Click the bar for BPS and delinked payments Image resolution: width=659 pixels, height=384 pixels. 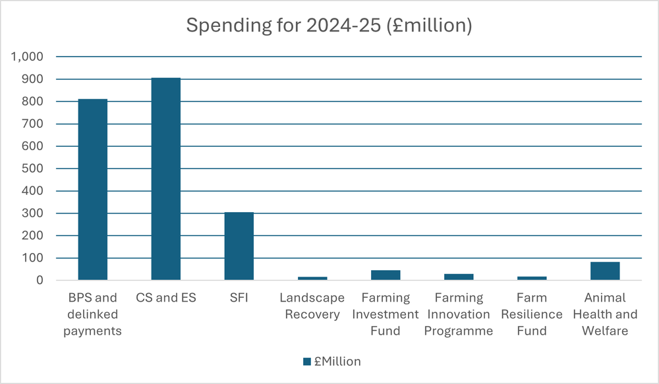point(93,190)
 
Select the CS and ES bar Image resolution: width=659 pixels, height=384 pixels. point(166,179)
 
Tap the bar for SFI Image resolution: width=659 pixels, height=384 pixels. point(239,246)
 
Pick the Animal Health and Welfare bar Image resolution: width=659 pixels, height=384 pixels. point(605,271)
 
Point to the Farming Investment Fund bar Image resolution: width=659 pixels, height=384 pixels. point(386,275)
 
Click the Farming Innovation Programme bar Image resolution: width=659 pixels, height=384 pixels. point(459,277)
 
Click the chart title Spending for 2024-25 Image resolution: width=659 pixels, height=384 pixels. point(329,26)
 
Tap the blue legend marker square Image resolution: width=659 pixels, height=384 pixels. point(306,362)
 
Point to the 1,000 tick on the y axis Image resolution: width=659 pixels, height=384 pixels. point(28,57)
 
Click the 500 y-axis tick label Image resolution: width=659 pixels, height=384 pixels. point(32,169)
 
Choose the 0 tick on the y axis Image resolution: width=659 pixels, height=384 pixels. point(40,281)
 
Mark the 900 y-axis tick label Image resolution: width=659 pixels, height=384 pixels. point(32,79)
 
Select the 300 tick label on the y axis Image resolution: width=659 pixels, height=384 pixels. point(32,213)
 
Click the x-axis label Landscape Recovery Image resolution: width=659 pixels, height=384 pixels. point(312,306)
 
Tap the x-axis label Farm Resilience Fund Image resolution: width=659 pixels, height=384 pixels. point(531,314)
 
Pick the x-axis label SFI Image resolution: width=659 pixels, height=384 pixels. point(239,298)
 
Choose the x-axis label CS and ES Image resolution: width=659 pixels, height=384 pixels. point(166,298)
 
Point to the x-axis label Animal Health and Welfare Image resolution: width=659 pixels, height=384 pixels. point(605,314)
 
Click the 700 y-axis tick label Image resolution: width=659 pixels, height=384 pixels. point(32,124)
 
